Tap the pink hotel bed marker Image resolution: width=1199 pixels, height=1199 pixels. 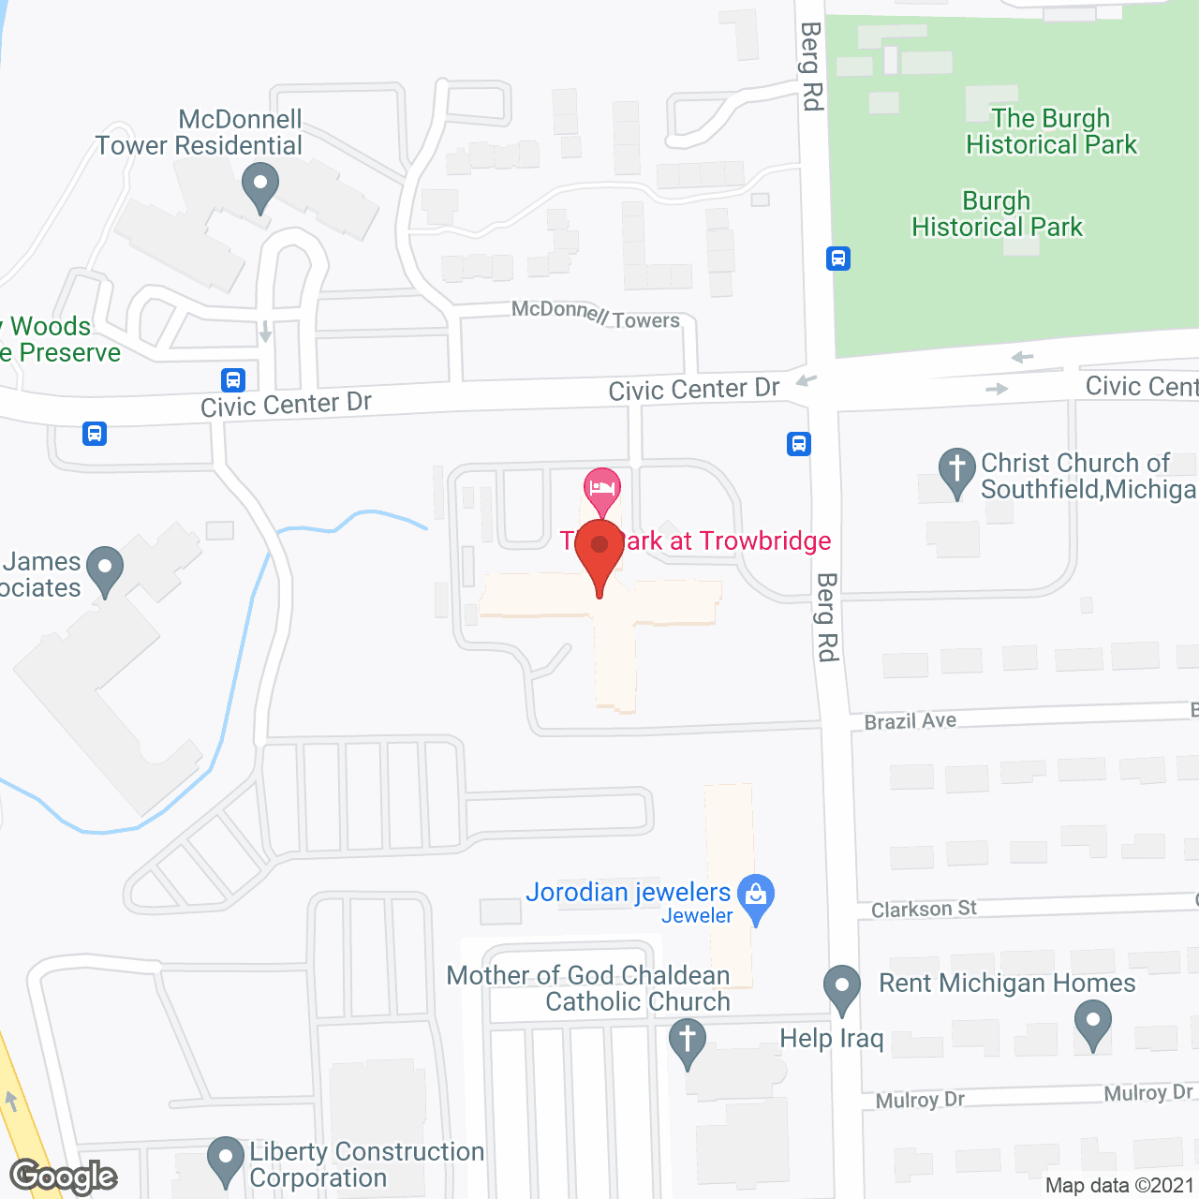(601, 488)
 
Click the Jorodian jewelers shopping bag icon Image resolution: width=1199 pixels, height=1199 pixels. (756, 896)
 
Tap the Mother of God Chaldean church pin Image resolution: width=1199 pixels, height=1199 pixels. (688, 1043)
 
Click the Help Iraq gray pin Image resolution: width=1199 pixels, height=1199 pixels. (842, 987)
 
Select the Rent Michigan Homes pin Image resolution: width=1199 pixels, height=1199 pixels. (1092, 1022)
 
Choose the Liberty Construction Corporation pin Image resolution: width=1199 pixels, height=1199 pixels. (226, 1159)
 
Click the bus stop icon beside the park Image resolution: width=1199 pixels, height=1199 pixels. (838, 258)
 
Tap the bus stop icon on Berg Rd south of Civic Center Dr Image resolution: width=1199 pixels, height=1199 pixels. (799, 443)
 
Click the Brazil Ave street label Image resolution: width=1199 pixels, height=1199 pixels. (910, 721)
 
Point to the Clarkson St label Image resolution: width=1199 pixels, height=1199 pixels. (924, 909)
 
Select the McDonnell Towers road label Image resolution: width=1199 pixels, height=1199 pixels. (596, 315)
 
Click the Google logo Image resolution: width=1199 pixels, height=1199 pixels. (63, 1176)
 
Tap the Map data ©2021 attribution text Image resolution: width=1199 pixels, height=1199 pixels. (1119, 1185)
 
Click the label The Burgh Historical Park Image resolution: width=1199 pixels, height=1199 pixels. (1051, 131)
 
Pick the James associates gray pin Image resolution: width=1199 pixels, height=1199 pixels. (105, 569)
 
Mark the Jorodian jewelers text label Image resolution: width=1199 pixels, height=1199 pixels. (628, 892)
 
